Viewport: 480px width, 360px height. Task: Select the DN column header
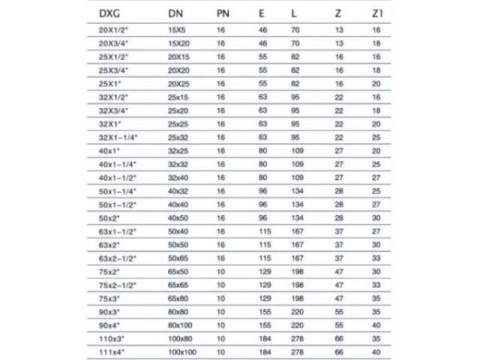[x=176, y=14]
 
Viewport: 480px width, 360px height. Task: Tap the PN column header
[x=224, y=14]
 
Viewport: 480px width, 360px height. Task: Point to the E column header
[x=261, y=14]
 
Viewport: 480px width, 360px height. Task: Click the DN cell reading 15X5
[x=177, y=30]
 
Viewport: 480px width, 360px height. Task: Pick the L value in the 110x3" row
[x=298, y=338]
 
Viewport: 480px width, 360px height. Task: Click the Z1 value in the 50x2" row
[x=375, y=217]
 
